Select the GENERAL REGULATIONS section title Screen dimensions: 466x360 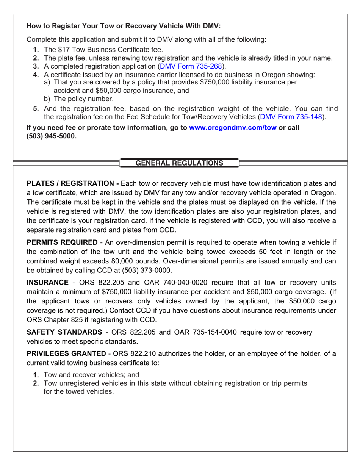tap(179, 163)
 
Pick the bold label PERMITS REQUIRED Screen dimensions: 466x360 tap(62, 242)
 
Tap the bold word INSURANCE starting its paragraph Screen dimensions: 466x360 tap(47, 283)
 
